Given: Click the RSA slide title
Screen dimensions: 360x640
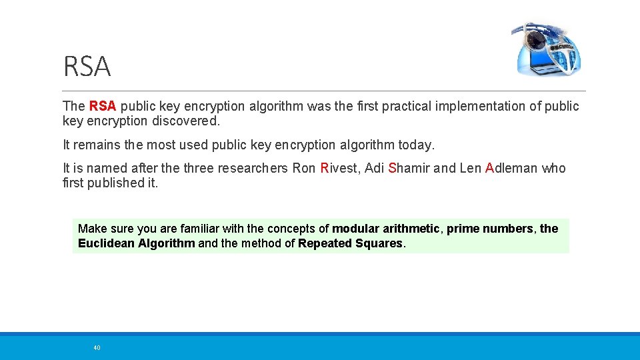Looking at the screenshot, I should click(x=87, y=67).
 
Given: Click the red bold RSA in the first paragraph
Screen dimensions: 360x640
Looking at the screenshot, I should click(x=102, y=106).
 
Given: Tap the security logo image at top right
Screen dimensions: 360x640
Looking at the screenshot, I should click(x=547, y=49).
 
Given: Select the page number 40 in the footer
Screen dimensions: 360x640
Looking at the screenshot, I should click(x=97, y=347).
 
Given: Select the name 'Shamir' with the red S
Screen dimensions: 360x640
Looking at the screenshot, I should click(x=409, y=168).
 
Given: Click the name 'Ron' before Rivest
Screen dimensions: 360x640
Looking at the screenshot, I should click(x=305, y=168).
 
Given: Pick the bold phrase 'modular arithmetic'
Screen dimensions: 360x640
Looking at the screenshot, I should click(x=386, y=229).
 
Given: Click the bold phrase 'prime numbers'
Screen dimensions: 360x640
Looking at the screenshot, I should click(x=489, y=229).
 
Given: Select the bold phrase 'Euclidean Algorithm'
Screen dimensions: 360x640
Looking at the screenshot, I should click(x=137, y=243).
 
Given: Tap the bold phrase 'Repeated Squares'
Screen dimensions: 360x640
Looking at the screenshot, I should click(x=351, y=243).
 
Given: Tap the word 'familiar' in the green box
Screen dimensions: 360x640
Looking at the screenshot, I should click(x=203, y=229).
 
